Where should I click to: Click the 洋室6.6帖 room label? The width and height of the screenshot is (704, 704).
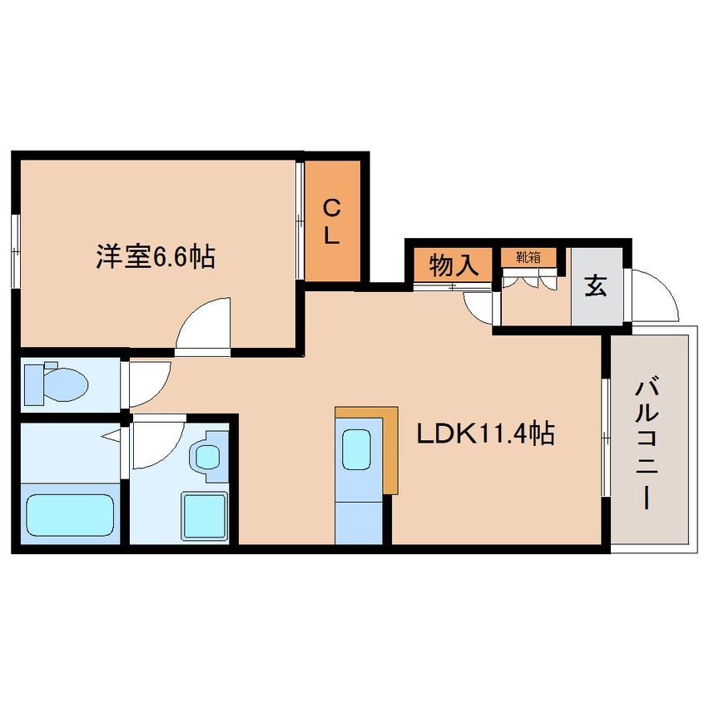156,257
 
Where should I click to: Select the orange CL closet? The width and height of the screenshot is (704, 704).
332,221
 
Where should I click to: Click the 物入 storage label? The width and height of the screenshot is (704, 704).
453,266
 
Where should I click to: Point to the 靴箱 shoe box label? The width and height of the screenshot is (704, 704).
528,257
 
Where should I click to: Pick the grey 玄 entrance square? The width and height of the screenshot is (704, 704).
596,287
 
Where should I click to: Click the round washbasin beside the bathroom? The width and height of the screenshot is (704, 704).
206,456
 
